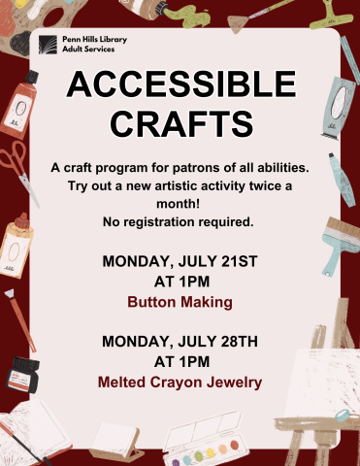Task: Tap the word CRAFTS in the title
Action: point(180,123)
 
